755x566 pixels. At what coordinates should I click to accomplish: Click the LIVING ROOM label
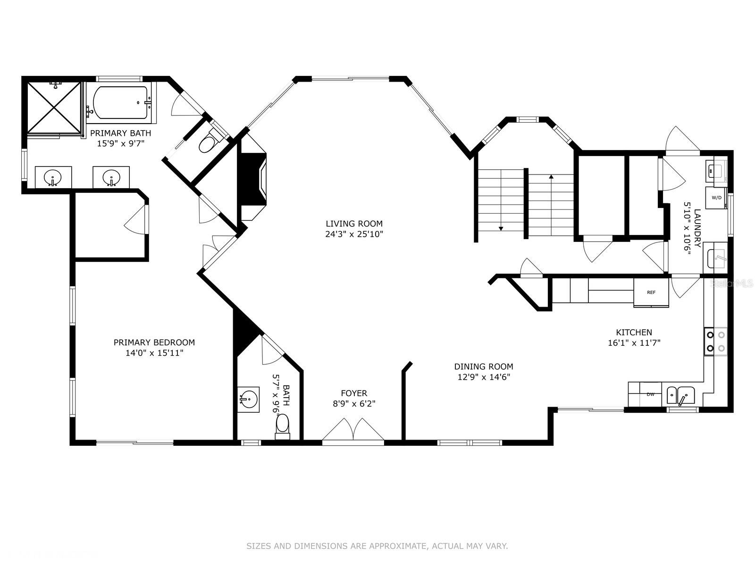click(354, 224)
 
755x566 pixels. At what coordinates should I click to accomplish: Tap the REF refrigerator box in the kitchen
click(651, 292)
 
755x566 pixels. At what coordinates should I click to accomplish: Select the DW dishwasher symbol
click(650, 394)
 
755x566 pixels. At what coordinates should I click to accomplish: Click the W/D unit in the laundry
click(716, 198)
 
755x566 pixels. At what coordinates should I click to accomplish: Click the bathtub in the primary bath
click(120, 102)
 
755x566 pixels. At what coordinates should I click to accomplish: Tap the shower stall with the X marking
click(54, 107)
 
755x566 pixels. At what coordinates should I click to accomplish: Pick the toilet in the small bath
click(282, 426)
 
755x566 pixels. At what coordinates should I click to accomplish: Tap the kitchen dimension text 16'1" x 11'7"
click(634, 342)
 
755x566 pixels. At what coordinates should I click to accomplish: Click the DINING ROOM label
click(484, 366)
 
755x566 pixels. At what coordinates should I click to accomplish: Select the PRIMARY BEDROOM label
click(154, 342)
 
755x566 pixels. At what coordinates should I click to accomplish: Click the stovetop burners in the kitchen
click(716, 341)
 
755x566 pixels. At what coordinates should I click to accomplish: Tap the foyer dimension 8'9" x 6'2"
click(354, 403)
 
